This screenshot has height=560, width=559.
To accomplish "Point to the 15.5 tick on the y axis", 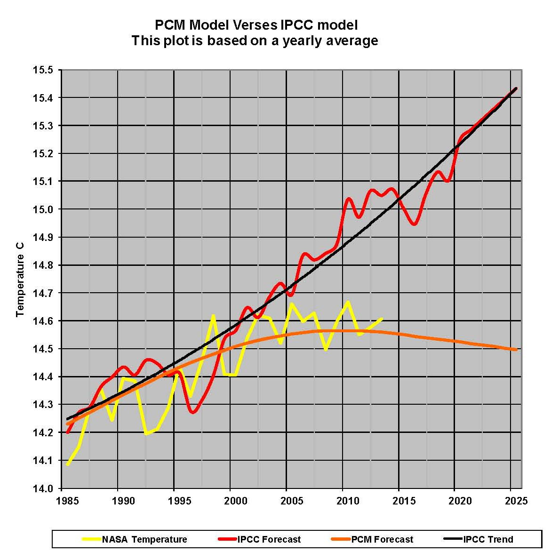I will tap(43, 70).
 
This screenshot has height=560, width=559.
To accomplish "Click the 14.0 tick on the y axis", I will tap(43, 488).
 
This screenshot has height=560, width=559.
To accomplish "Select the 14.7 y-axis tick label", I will tap(43, 293).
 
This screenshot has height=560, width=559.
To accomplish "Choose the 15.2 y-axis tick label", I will tap(43, 153).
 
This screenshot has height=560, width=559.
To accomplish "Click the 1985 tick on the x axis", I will tap(62, 500).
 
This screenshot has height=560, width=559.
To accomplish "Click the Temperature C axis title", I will tap(20, 285).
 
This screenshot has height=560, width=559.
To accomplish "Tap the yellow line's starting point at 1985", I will tap(68, 465).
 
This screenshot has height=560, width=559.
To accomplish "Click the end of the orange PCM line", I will tap(517, 350).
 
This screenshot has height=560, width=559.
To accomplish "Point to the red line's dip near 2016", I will tap(414, 224).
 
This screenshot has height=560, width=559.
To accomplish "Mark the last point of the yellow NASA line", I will tap(382, 319).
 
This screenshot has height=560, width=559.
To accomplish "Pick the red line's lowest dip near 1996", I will tap(192, 413).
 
